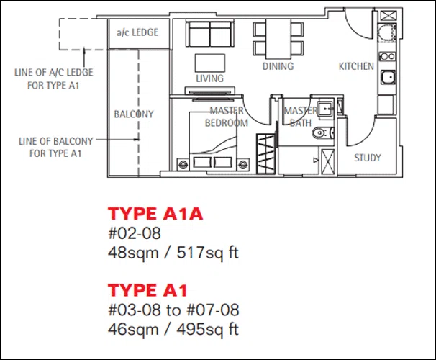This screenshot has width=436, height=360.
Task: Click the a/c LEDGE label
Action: [x=137, y=32]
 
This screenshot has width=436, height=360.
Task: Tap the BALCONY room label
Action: [x=134, y=114]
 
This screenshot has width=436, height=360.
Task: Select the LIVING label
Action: [x=209, y=78]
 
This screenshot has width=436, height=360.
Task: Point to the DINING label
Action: [x=278, y=66]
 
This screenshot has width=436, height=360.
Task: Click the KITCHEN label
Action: [x=356, y=66]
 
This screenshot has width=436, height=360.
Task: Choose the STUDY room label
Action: [x=368, y=158]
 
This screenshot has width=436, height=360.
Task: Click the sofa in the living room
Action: [x=210, y=34]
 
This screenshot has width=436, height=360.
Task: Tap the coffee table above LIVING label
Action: [x=210, y=63]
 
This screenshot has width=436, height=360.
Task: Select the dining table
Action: [x=278, y=39]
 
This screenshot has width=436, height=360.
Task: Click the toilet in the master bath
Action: [x=323, y=132]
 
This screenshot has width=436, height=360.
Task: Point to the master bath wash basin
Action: [x=325, y=109]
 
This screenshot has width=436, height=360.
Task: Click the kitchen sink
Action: [x=388, y=77]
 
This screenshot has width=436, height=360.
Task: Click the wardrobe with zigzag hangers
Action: [x=266, y=154]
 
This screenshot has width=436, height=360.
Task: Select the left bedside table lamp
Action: [x=183, y=164]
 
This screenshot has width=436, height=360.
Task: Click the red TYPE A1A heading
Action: [x=155, y=214]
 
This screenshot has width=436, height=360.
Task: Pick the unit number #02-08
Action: [x=135, y=233]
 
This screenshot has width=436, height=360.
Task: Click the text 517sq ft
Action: [x=208, y=253]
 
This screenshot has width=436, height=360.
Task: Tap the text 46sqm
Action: [x=133, y=330]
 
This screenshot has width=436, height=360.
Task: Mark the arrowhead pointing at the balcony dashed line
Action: [x=137, y=140]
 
